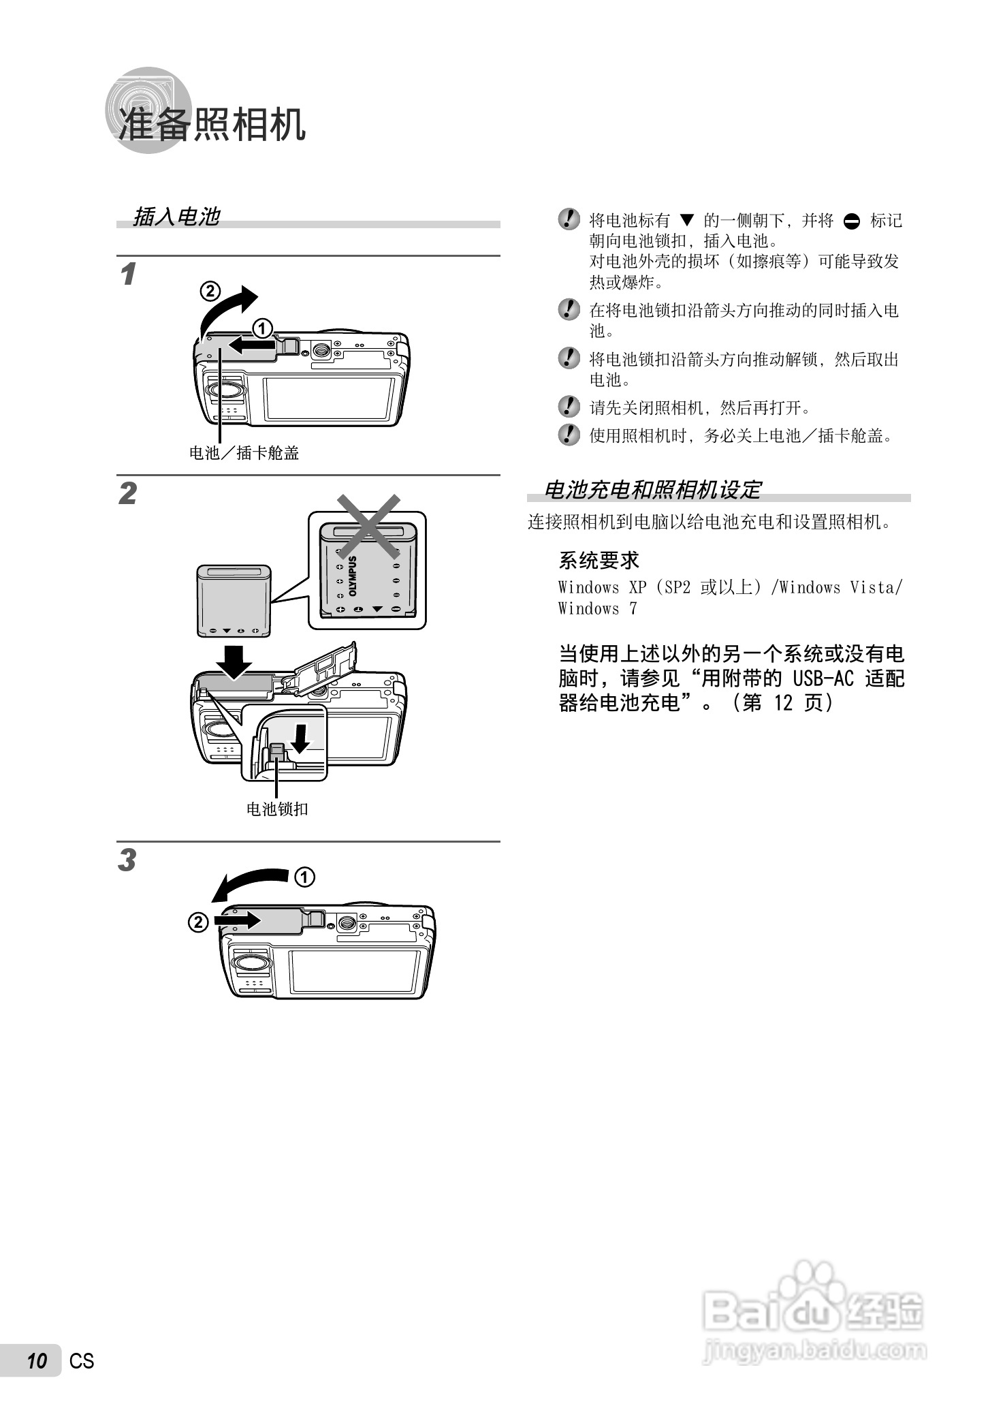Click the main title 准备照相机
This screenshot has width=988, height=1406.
(212, 124)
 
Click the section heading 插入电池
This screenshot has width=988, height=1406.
(176, 217)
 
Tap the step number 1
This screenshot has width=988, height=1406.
(127, 275)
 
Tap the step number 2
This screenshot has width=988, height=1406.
(128, 494)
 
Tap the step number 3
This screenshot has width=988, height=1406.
(127, 860)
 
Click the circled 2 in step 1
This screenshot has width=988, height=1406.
(210, 292)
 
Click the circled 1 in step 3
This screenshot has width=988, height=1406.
(304, 877)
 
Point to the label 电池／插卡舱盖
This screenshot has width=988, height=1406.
(244, 453)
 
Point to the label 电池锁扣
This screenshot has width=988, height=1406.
(277, 809)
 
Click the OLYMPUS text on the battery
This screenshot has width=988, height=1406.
(353, 576)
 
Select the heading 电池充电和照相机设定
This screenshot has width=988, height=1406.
(652, 489)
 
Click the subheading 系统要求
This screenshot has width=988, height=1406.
(599, 561)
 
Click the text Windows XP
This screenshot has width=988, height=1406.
(602, 588)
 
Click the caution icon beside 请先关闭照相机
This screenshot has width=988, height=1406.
(569, 407)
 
